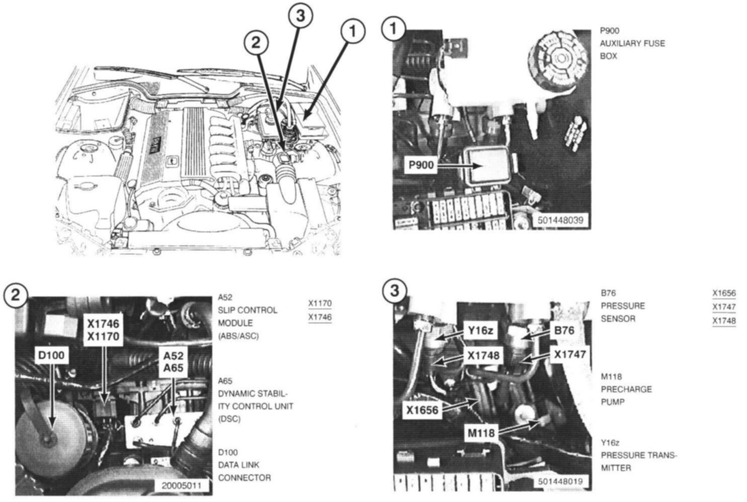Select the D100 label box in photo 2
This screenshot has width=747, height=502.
[x=51, y=355]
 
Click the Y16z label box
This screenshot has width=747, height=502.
[x=480, y=330]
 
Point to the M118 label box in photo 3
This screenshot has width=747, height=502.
[x=481, y=433]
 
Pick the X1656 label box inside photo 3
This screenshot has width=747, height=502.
[x=423, y=410]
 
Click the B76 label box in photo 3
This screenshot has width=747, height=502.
[x=564, y=330]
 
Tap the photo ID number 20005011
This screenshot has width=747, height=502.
[x=181, y=486]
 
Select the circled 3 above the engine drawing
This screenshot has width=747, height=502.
[x=300, y=16]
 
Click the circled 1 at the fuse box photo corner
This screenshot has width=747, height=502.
[x=393, y=29]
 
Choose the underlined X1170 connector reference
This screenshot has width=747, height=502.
[x=320, y=304]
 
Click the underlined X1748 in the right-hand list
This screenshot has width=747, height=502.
[x=724, y=321]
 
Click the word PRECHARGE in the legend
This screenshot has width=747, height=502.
[x=626, y=389]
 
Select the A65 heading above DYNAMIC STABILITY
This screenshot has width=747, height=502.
[x=225, y=381]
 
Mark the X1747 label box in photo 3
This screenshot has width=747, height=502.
[x=569, y=354]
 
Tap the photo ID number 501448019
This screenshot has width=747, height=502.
[x=560, y=481]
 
